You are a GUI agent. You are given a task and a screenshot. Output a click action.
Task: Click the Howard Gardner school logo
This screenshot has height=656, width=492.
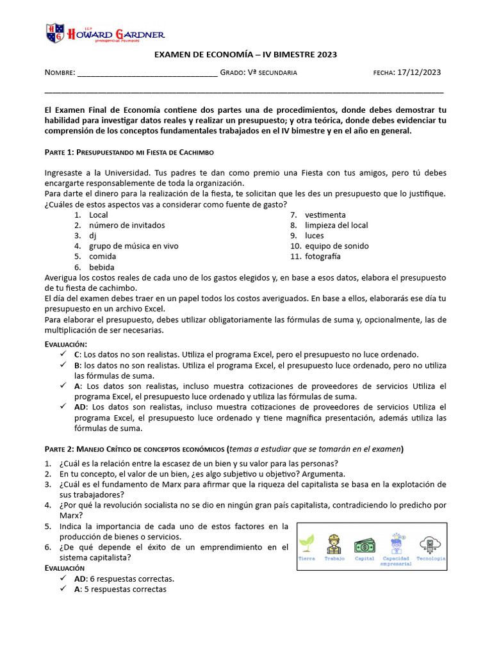[105, 33]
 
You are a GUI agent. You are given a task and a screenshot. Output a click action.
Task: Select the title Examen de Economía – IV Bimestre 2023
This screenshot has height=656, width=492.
[245, 55]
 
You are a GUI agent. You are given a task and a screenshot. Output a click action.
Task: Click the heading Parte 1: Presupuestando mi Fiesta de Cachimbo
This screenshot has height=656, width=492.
[129, 152]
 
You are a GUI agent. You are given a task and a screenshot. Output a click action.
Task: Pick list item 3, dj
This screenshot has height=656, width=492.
[92, 236]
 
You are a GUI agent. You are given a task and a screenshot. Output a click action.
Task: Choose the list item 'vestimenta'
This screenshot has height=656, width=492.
[325, 215]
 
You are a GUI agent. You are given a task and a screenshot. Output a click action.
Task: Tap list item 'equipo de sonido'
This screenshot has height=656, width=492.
[336, 246]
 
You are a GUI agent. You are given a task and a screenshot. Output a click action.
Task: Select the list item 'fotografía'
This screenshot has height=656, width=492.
[322, 256]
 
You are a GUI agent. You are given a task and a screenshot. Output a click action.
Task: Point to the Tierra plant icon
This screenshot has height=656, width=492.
[307, 543]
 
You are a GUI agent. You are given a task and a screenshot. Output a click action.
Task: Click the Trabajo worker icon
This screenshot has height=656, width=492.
[334, 543]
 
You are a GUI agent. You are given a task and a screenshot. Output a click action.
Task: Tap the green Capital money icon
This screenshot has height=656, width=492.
[365, 545]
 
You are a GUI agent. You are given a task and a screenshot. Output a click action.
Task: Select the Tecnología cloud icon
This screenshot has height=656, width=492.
[430, 543]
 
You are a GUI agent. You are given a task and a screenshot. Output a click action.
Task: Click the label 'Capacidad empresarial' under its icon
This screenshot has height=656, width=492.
[396, 561]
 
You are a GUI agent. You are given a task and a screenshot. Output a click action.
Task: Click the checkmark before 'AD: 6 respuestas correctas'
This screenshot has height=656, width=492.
[62, 578]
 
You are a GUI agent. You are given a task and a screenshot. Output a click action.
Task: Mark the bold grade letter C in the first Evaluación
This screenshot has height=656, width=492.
[77, 354]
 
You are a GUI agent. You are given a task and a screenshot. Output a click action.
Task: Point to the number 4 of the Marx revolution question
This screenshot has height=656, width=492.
[47, 505]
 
